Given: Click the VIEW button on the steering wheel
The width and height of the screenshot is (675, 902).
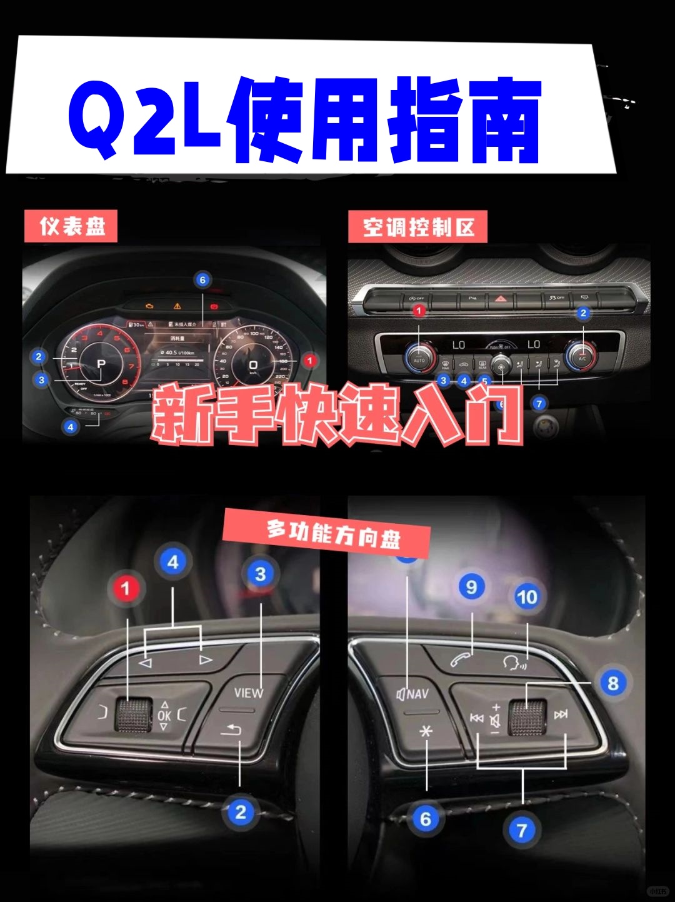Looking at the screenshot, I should (x=248, y=693).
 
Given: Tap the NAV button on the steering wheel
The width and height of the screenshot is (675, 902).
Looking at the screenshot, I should (x=413, y=694).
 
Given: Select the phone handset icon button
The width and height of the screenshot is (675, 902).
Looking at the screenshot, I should (x=461, y=659).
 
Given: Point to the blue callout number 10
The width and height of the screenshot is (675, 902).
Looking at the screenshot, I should (x=527, y=597).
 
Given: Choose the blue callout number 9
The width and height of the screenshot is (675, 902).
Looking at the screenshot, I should (x=471, y=587).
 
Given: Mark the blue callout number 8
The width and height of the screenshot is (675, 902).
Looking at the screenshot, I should (x=612, y=683).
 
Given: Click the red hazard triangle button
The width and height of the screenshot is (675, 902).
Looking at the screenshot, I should (x=501, y=299).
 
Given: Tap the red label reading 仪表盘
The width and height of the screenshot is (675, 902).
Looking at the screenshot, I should (x=71, y=226).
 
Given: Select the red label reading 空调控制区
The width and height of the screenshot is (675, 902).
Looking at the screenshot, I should (x=417, y=227).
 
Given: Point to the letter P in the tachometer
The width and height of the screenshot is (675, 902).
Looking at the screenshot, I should (x=101, y=364).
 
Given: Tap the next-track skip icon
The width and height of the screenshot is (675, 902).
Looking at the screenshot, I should (x=561, y=714).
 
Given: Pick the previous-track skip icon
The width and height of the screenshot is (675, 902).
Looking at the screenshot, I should (x=476, y=718).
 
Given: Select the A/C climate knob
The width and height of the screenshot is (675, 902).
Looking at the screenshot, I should (x=582, y=357).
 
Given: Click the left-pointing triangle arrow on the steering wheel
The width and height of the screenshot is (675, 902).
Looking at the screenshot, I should (x=146, y=663).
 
